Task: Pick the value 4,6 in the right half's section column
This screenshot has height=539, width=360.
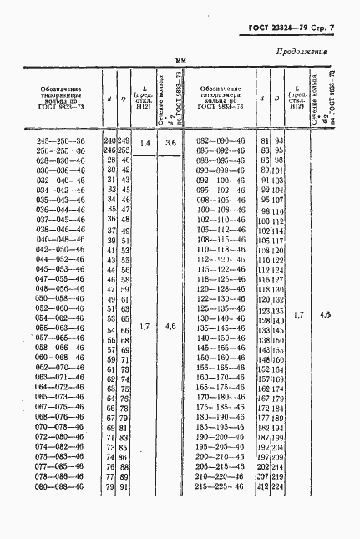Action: [325, 314]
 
